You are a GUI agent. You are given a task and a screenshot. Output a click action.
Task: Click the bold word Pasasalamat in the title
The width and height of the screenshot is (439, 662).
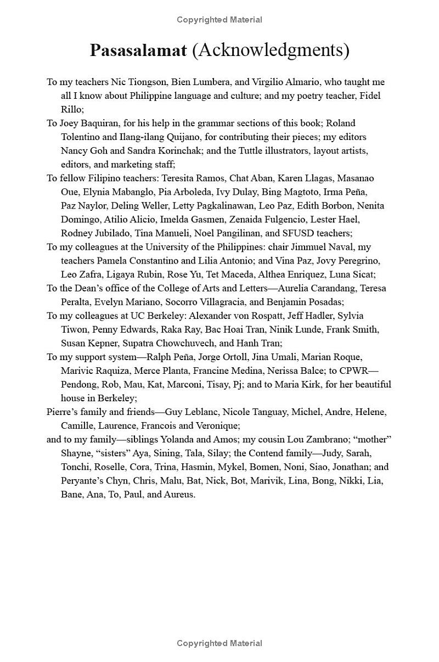coord(138,51)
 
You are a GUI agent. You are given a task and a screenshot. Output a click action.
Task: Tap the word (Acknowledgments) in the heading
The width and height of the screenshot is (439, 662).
coord(271,51)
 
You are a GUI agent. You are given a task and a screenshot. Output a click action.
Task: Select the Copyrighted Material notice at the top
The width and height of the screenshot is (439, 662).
coord(219,20)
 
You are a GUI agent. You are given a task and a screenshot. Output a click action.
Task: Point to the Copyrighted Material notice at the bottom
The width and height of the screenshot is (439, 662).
coord(219,643)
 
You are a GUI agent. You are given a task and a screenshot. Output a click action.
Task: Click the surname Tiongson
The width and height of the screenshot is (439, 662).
coord(147,82)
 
